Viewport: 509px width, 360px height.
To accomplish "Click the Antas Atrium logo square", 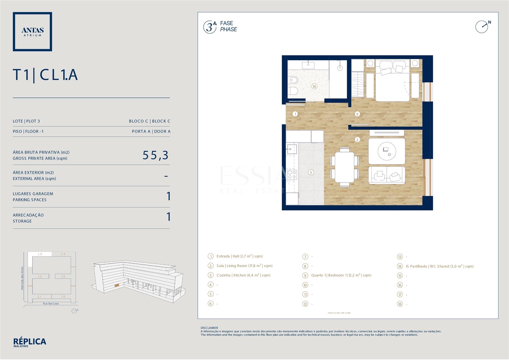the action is [32, 32].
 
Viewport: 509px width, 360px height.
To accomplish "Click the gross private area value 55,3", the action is [155, 155].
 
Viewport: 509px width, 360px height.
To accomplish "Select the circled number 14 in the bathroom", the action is [314, 86].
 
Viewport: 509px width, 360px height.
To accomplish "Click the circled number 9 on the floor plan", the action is [357, 114].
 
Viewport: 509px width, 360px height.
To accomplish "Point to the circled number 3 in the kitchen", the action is [311, 172].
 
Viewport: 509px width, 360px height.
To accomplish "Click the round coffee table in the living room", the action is [387, 151].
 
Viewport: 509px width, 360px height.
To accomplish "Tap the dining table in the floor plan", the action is [345, 167].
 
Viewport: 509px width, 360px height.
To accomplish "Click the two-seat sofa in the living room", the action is [387, 175].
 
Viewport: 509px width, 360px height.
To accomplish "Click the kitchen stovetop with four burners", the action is [292, 175].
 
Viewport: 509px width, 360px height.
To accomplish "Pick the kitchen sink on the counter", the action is [291, 149].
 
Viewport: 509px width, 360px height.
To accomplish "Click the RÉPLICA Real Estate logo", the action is [30, 342].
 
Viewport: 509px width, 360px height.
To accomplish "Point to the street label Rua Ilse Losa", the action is [51, 303].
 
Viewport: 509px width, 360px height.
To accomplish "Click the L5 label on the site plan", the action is [63, 276].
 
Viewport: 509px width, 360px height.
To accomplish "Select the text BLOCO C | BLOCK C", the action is [150, 121].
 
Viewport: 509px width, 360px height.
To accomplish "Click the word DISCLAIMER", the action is [209, 328].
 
